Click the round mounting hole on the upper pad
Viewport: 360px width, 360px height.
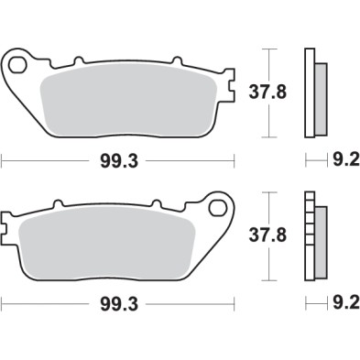(17, 66)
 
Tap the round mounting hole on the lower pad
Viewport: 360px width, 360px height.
(221, 209)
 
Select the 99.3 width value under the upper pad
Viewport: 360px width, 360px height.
(119, 161)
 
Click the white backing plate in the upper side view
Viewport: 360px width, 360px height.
(310, 91)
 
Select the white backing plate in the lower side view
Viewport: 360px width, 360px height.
(310, 235)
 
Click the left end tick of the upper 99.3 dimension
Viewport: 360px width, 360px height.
(3, 161)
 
